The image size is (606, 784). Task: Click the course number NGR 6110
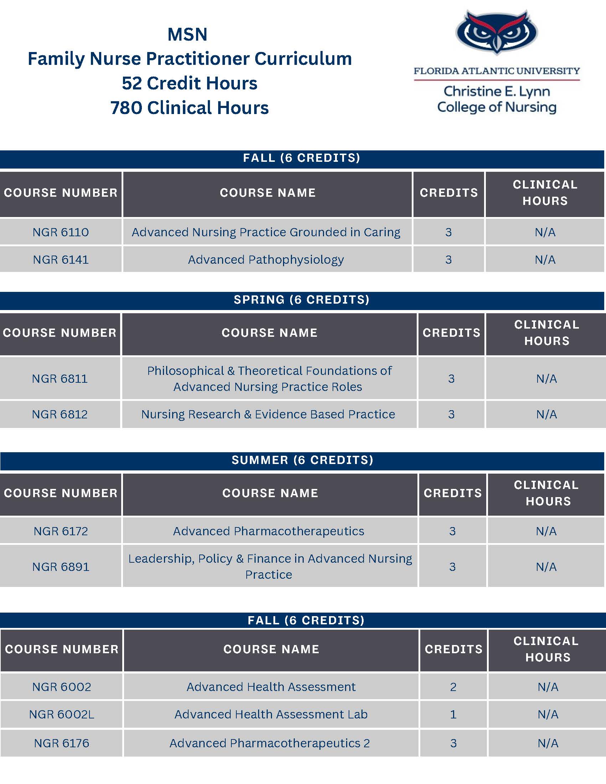pyautogui.click(x=61, y=232)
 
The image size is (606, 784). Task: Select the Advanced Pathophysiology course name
pyautogui.click(x=266, y=259)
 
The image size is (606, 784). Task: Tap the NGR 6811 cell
pyautogui.click(x=60, y=379)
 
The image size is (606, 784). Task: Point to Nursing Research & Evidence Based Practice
pyautogui.click(x=268, y=414)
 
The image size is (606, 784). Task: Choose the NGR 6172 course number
pyautogui.click(x=61, y=531)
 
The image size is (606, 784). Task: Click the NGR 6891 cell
pyautogui.click(x=61, y=567)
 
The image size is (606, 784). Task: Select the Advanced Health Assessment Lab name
pyautogui.click(x=271, y=715)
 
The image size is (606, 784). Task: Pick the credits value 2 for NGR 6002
pyautogui.click(x=453, y=687)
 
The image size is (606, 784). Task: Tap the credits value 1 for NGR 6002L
pyautogui.click(x=453, y=715)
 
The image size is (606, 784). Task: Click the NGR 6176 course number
pyautogui.click(x=61, y=743)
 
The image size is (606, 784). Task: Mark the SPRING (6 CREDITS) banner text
pyautogui.click(x=302, y=300)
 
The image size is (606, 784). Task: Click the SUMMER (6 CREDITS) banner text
pyautogui.click(x=302, y=460)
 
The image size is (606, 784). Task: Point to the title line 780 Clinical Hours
pyautogui.click(x=190, y=108)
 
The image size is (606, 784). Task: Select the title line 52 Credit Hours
pyautogui.click(x=190, y=83)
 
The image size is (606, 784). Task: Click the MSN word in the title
pyautogui.click(x=188, y=35)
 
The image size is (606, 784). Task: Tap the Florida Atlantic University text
pyautogui.click(x=497, y=71)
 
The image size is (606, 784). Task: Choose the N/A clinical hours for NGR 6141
pyautogui.click(x=545, y=259)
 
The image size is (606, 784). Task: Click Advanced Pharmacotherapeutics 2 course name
pyautogui.click(x=269, y=743)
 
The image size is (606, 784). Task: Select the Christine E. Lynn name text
pyautogui.click(x=497, y=91)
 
